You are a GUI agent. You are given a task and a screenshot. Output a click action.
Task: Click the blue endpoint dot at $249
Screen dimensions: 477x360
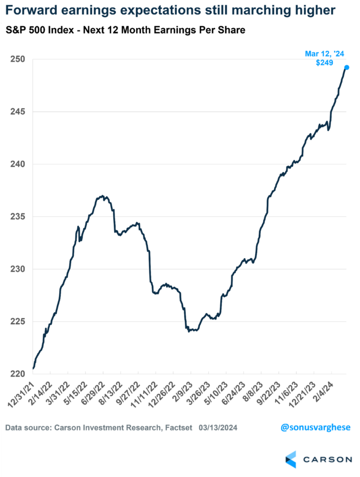point(346,68)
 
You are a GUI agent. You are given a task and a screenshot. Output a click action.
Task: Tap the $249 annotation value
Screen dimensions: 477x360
point(324,63)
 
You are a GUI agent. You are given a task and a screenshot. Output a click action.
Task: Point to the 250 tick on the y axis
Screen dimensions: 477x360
point(17,60)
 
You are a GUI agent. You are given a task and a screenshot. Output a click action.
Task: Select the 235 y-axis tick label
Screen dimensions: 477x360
point(17,217)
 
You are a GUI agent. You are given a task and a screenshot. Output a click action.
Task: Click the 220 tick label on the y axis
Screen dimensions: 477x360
point(17,374)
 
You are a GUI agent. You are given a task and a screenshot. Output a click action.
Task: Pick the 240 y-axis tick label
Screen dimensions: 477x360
point(17,164)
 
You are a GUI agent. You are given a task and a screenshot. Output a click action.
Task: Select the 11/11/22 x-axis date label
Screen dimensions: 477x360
point(145,395)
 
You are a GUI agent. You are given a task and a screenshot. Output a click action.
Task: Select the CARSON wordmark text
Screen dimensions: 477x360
point(328,459)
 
